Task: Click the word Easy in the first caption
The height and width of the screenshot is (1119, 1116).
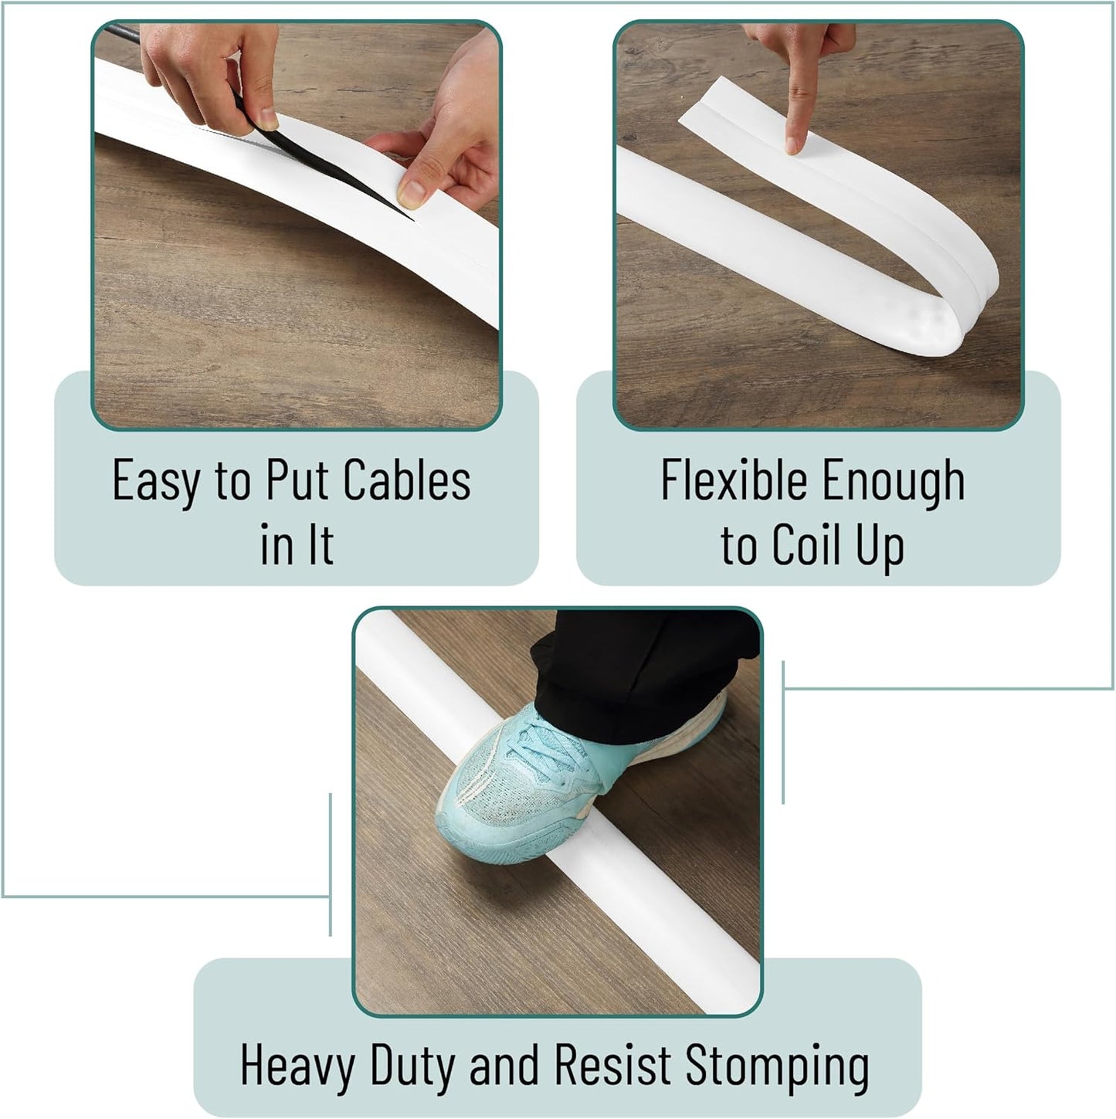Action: pos(156,480)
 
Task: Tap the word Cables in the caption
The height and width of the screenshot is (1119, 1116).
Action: pos(406,480)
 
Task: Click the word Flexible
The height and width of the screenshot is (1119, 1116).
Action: pos(734,480)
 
